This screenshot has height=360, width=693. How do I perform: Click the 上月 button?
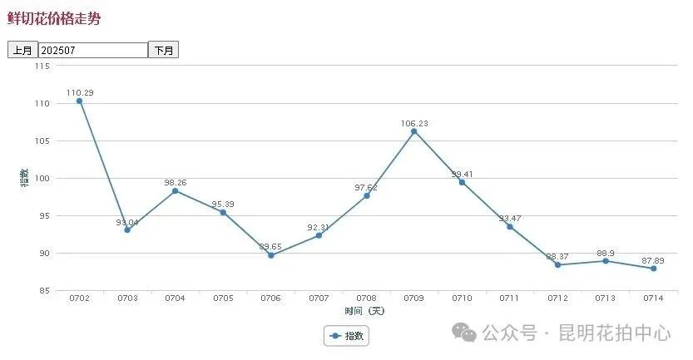22,50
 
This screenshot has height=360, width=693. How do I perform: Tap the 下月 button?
163,50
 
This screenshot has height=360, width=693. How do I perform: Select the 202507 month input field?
92,50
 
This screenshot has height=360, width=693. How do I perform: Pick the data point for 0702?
79,101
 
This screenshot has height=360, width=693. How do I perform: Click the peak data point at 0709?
414,131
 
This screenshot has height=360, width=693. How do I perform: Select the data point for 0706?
270,255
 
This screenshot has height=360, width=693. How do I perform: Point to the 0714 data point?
654,268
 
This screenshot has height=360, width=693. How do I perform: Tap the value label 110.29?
80,90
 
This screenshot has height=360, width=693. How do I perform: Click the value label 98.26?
176,180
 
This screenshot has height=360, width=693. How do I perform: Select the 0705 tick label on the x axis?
223,298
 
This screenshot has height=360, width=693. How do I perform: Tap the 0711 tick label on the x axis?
510,298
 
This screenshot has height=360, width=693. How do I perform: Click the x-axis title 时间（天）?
365,310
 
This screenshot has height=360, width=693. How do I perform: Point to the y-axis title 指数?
24,177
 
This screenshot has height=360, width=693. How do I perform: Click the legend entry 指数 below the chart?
346,336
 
